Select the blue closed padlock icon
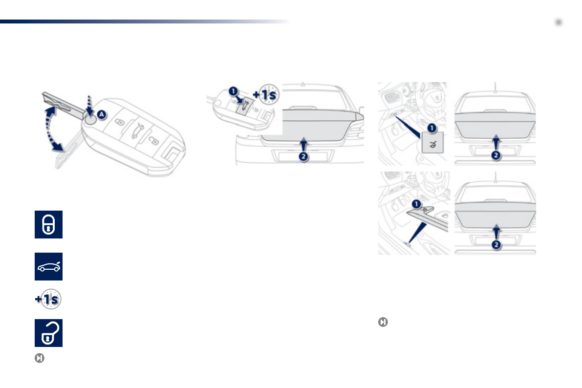(48, 225)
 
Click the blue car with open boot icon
(48, 267)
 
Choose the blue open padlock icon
(48, 333)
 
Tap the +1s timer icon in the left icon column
(48, 300)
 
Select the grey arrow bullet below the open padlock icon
(39, 358)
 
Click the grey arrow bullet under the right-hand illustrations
(383, 322)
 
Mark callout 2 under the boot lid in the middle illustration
(303, 158)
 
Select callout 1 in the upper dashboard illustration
(431, 127)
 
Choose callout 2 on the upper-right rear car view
(496, 155)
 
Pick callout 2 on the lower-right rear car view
(496, 244)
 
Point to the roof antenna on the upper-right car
(496, 86)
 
